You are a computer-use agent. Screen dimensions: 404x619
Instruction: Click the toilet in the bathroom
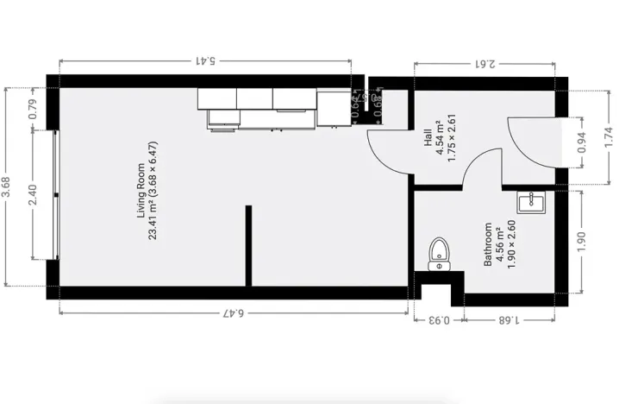(439, 255)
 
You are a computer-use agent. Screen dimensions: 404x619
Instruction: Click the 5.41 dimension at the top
(205, 61)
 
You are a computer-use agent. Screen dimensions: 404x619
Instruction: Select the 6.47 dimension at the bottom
(234, 312)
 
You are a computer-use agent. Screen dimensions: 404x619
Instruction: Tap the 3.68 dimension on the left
(7, 188)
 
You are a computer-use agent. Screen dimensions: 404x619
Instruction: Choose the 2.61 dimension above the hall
(484, 62)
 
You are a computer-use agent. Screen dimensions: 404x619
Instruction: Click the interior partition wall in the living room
(249, 245)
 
